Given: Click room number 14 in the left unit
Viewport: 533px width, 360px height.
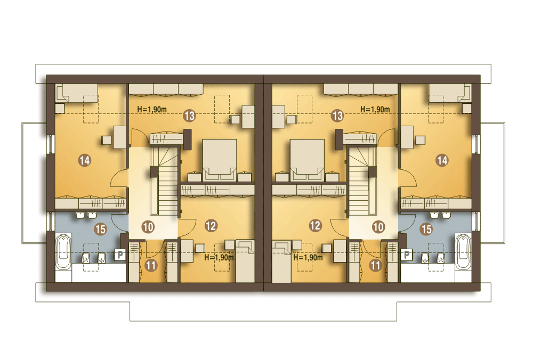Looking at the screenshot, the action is (85, 160).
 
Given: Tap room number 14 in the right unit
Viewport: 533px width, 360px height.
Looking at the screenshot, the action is (442, 160).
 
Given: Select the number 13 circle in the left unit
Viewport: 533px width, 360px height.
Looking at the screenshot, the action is (189, 116).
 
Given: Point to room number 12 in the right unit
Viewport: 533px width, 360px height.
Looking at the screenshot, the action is (316, 225).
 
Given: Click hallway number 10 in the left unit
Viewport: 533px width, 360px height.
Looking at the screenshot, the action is (148, 227).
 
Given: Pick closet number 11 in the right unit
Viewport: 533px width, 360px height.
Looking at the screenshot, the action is (376, 265).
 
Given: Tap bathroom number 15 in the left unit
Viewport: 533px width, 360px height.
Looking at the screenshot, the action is (100, 229).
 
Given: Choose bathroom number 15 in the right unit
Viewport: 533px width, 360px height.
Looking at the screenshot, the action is (426, 229).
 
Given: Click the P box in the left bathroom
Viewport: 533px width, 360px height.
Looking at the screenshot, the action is (120, 255).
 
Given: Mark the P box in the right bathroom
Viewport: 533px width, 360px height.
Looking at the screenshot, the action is (407, 255).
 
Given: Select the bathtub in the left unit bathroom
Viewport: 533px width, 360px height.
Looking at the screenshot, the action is (63, 252).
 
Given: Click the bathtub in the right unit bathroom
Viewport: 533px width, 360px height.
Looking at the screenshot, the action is (463, 252).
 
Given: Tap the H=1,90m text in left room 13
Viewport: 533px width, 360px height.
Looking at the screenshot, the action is (152, 109).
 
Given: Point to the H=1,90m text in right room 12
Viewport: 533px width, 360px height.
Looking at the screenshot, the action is (308, 257).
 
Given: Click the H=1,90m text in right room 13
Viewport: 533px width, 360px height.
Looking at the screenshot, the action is (375, 109).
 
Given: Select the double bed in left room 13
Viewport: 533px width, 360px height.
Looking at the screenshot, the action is (220, 160).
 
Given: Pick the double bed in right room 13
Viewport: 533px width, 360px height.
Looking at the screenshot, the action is (307, 160).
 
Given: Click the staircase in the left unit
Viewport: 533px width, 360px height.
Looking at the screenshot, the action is (164, 180).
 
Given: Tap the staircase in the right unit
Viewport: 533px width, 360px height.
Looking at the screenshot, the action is (362, 180).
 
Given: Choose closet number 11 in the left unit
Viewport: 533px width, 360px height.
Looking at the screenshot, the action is (151, 265).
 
